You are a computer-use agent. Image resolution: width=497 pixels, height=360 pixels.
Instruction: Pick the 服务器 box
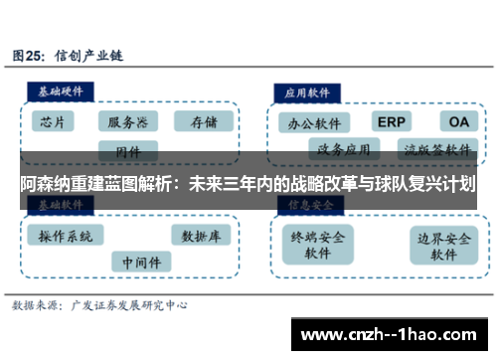128,122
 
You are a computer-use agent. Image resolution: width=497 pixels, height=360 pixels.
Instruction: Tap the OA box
458,121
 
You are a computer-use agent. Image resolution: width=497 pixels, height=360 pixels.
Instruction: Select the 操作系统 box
65,236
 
